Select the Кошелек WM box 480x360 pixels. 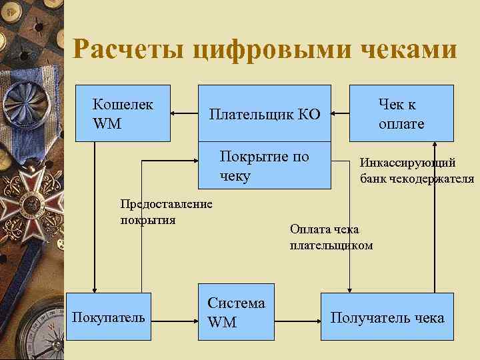click(x=123, y=113)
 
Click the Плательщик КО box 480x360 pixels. click(x=265, y=113)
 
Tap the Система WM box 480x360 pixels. click(x=236, y=312)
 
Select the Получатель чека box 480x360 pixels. click(x=387, y=317)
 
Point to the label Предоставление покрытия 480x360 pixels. click(x=166, y=212)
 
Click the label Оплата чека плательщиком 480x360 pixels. click(x=331, y=237)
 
